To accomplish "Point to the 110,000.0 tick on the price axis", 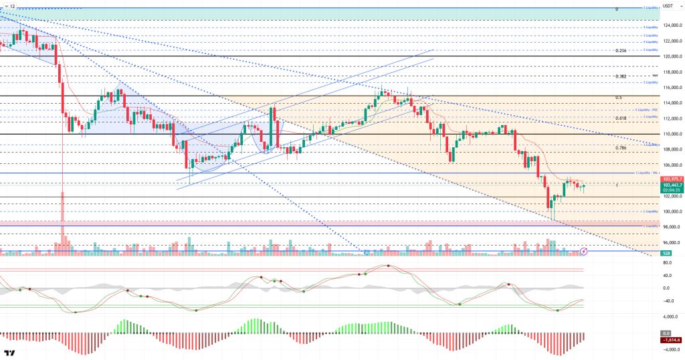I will tap(671, 134).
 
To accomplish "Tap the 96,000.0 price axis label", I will tap(670, 243).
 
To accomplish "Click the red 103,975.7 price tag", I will tap(671, 179).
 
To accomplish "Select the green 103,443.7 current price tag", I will tap(671, 185).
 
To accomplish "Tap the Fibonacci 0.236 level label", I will tap(621, 51).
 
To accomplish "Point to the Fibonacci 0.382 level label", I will tap(621, 77).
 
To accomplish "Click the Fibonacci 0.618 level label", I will tap(621, 118).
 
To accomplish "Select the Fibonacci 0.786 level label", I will tap(621, 147).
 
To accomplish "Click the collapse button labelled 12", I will tap(9, 5).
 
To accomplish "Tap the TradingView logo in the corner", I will tap(10, 353).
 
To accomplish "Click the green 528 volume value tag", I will tap(666, 254).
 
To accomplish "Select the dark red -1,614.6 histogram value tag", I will tap(671, 340).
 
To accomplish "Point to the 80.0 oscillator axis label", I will tap(667, 263).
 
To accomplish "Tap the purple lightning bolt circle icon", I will tap(583, 251).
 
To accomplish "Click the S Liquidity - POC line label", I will tap(648, 109).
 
